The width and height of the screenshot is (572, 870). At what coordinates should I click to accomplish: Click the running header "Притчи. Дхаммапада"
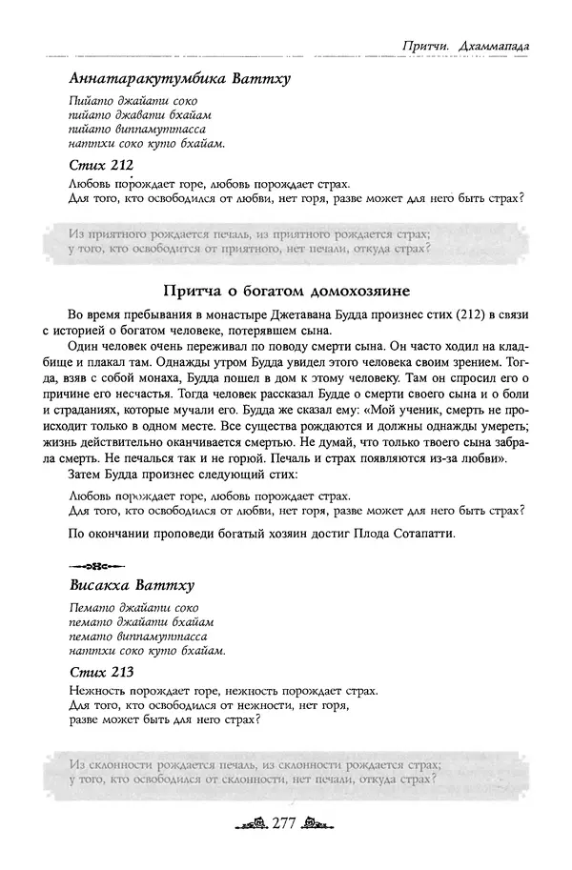pyautogui.click(x=467, y=46)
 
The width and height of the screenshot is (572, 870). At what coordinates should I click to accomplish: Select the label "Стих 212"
pyautogui.click(x=101, y=165)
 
